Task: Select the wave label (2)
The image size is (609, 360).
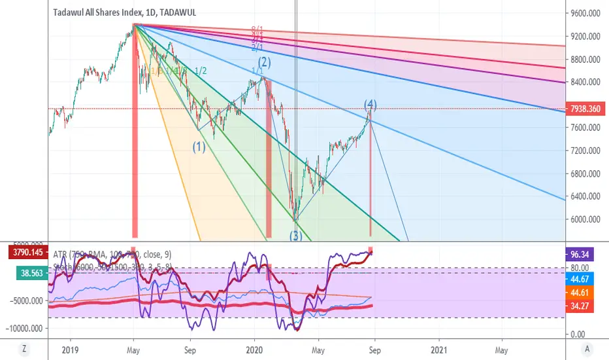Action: click(264, 63)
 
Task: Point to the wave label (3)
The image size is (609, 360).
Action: click(297, 236)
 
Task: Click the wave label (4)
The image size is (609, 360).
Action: click(370, 104)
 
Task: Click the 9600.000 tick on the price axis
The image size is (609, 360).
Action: click(585, 13)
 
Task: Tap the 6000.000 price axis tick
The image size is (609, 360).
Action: click(585, 220)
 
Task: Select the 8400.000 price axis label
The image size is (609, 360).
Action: click(585, 82)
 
